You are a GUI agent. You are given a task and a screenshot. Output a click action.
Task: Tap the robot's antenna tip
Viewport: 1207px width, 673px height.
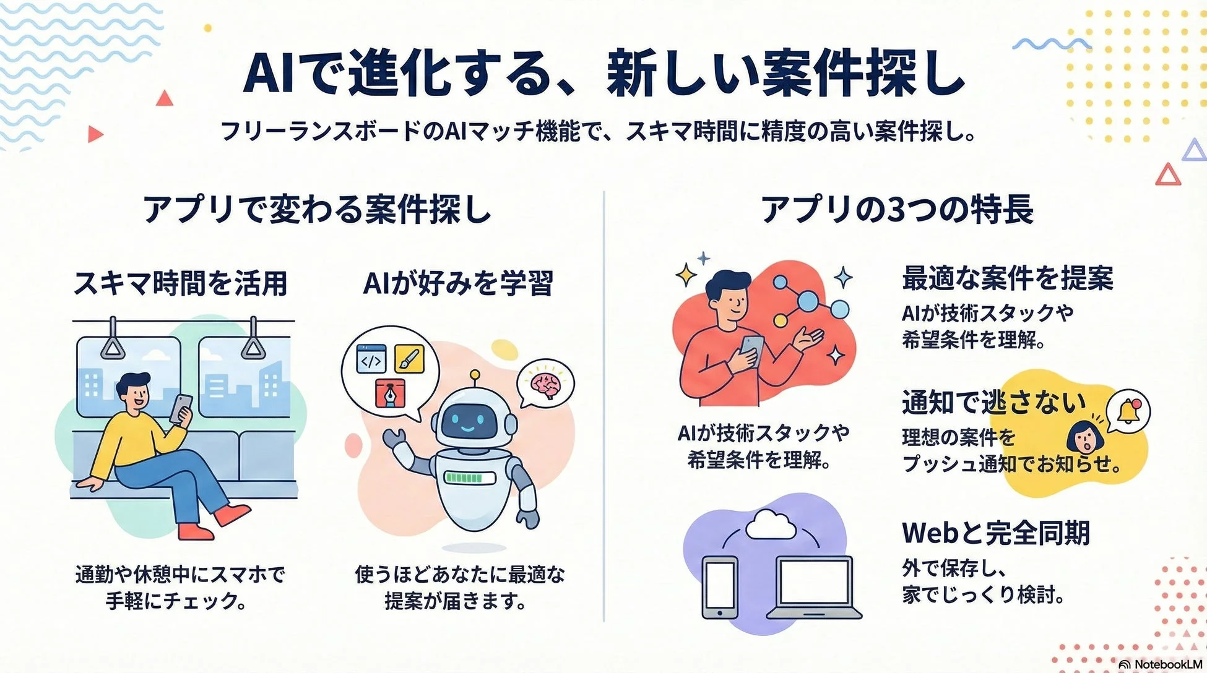click(x=475, y=374)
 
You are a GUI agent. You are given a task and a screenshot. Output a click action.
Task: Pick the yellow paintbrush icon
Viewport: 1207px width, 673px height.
click(x=409, y=359)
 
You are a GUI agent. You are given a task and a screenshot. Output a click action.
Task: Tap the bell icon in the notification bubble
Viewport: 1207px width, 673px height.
click(x=1130, y=411)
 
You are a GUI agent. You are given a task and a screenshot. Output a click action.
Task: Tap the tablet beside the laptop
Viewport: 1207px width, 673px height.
click(x=720, y=587)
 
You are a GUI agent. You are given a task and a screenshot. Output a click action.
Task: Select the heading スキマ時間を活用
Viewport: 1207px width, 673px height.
click(x=180, y=283)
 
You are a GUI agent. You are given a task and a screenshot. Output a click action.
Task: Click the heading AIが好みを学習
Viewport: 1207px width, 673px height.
click(x=458, y=283)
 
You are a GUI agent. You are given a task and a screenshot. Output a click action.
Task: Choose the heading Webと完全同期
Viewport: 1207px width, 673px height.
click(x=995, y=533)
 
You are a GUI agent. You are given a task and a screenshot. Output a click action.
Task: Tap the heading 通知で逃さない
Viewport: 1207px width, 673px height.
click(x=993, y=402)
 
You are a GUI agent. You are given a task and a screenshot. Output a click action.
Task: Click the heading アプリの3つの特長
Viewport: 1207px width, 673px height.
click(x=897, y=209)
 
